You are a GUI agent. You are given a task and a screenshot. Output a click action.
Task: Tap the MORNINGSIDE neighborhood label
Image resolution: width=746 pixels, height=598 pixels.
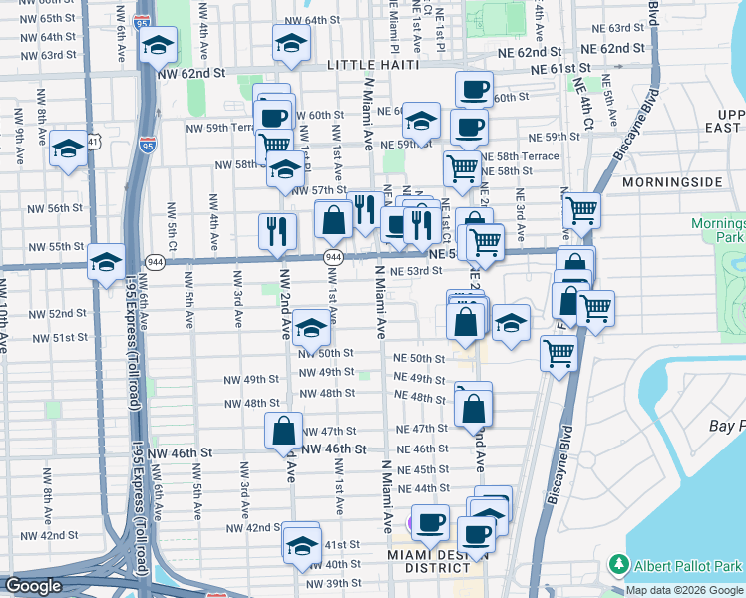point(671,183)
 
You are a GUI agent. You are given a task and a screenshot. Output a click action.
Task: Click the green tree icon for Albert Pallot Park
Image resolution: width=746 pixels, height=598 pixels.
point(620,564)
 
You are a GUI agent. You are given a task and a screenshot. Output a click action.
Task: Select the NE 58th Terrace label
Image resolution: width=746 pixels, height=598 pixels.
point(521,156)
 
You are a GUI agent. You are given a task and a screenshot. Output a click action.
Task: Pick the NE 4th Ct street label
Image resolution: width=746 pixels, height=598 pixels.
point(582,100)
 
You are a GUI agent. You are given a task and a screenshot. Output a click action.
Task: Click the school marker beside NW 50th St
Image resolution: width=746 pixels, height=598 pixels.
point(312,328)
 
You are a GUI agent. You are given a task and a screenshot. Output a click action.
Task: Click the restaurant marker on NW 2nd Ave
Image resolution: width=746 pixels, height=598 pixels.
point(277,230)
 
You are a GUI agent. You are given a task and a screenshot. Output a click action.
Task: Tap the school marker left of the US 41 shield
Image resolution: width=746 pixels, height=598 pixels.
point(67,149)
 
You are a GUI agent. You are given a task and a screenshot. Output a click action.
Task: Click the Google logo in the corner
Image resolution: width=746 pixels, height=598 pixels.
point(34,587)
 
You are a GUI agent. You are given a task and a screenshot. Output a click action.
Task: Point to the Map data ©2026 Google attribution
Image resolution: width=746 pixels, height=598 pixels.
point(684,590)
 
